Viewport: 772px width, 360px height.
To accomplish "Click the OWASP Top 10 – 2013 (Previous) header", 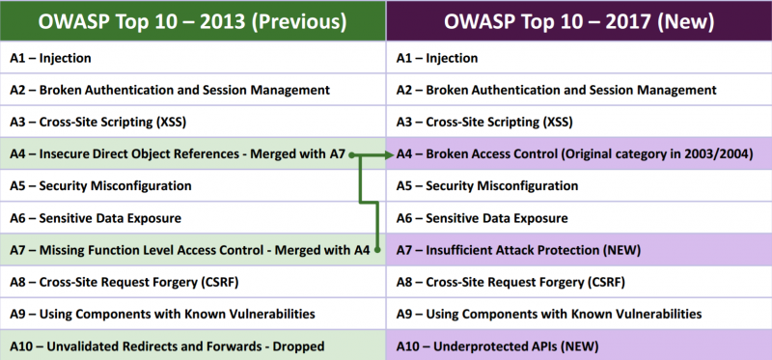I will [193, 21].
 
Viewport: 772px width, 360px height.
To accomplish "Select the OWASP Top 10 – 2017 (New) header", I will [579, 21].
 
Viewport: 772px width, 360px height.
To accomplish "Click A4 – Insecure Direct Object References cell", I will [179, 153].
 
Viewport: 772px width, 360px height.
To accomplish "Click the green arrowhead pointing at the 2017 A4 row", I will [388, 153].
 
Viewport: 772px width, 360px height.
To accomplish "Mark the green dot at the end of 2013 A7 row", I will [378, 250].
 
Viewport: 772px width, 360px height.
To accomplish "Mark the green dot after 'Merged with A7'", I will [354, 153].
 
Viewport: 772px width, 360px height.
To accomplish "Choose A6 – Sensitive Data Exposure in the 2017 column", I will [482, 218].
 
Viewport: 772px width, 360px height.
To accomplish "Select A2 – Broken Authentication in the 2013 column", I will [170, 90].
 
